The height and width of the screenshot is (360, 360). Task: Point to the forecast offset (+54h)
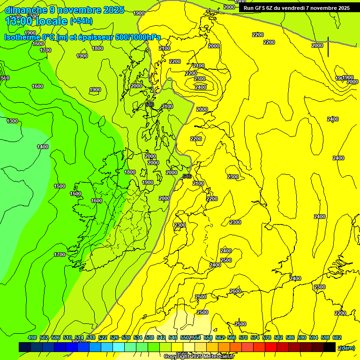click(81, 21)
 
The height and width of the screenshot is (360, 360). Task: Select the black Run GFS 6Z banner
click(296, 8)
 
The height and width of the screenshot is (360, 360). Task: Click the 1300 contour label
click(12, 121)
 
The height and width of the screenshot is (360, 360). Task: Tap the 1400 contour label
click(43, 147)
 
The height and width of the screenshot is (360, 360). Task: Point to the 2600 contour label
click(235, 291)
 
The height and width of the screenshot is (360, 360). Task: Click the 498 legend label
click(32, 337)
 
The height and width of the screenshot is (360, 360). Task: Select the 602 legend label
click(337, 337)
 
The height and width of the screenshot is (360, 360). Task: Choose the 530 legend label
click(126, 337)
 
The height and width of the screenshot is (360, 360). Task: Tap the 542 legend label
click(161, 337)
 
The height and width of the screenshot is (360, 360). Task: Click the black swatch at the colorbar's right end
click(330, 347)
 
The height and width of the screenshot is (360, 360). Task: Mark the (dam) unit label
click(346, 347)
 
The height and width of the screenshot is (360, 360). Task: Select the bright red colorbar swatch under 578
click(271, 347)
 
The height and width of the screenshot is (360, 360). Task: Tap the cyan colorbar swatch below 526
click(119, 347)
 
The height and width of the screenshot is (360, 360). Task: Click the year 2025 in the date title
click(113, 10)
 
